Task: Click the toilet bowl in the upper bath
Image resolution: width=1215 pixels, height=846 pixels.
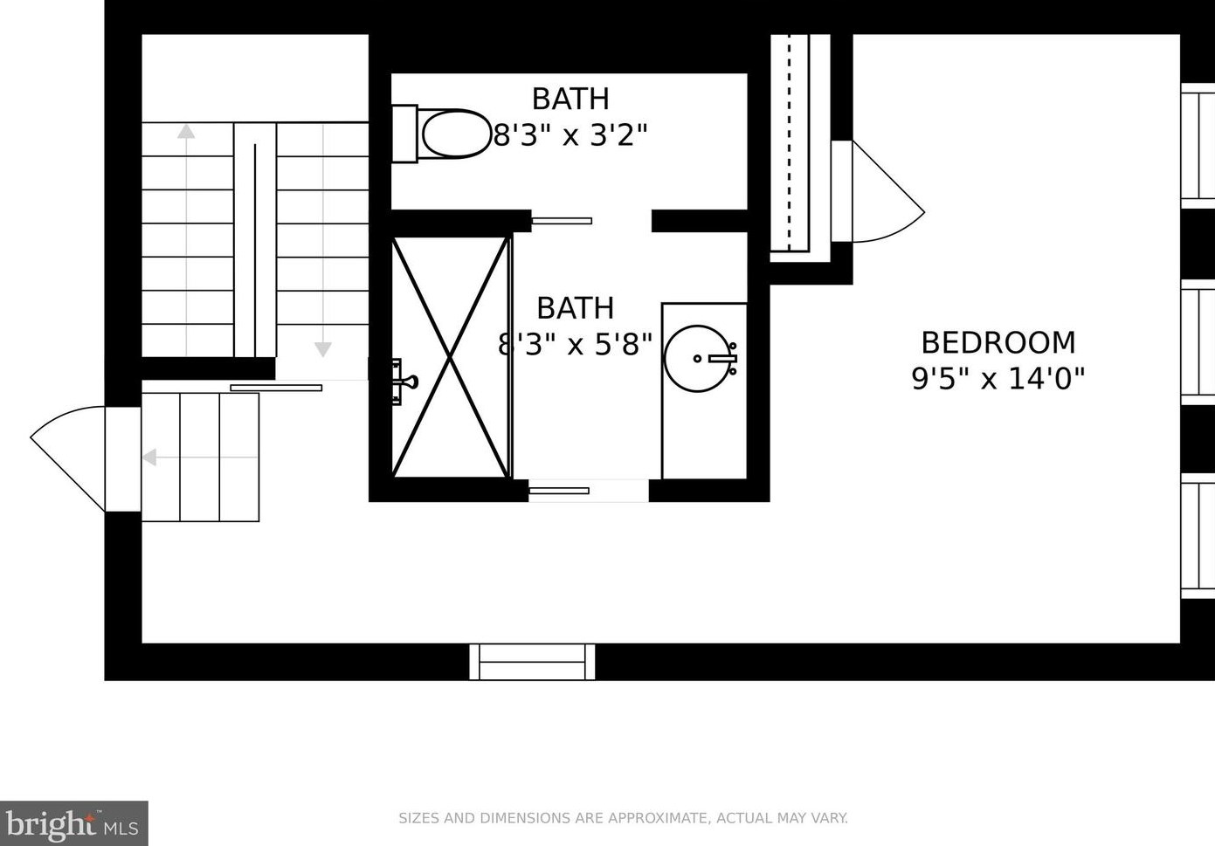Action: [x=457, y=134]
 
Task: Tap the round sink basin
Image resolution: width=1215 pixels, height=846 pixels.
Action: [x=698, y=359]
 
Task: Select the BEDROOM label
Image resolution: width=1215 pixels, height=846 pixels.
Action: [x=998, y=343]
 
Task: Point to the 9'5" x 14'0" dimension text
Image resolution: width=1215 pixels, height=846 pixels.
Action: [x=998, y=379]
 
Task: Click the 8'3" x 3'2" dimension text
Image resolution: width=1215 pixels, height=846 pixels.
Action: [x=570, y=134]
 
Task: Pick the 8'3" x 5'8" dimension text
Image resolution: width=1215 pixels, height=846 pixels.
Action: [x=575, y=344]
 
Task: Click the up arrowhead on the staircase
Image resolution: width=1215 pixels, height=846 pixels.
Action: [x=186, y=131]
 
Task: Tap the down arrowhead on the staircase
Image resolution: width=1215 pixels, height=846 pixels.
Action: [x=323, y=350]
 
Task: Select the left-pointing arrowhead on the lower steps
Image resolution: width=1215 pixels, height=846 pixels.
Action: [x=149, y=457]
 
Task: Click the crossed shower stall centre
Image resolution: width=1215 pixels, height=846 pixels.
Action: [x=450, y=357]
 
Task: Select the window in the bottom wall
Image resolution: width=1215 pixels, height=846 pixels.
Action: [x=532, y=662]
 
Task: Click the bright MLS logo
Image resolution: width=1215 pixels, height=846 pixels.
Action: [x=73, y=823]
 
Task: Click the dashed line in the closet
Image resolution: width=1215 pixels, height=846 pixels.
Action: [x=790, y=142]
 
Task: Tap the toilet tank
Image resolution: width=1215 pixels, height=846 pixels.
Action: [x=404, y=134]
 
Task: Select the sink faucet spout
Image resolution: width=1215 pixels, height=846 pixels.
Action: [x=722, y=359]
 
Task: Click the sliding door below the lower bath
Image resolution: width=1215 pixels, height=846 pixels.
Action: [x=559, y=491]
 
